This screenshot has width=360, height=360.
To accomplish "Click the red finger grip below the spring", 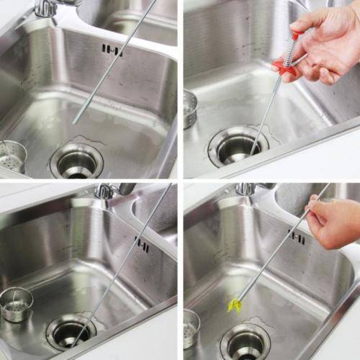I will coord(282,69).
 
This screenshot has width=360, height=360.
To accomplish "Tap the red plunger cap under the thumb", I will coord(295,34).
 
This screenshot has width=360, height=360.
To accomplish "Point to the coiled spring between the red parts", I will coord(289,52).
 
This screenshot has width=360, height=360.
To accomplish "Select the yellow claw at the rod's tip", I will coord(234,305).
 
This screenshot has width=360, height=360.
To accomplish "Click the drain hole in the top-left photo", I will coord(76,161).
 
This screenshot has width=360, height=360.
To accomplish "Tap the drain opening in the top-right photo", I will coord(238,146).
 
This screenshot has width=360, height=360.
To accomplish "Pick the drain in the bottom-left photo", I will coord(71,332).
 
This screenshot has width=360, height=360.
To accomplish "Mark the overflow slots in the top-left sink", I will coord(112,50).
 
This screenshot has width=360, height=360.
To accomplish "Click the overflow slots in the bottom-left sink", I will coord(142,246).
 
